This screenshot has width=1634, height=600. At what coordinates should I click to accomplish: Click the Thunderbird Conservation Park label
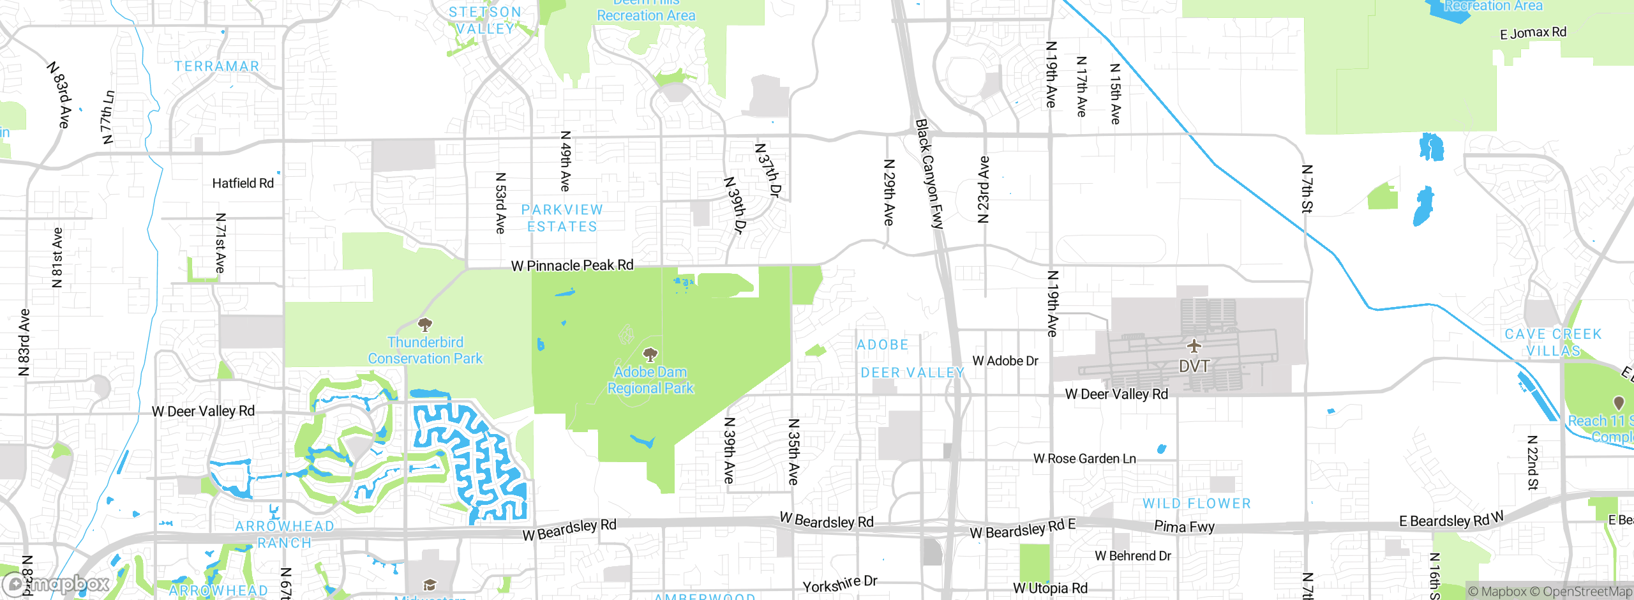[x=425, y=350]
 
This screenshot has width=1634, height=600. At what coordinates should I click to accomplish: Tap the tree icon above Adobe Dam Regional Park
[x=650, y=354]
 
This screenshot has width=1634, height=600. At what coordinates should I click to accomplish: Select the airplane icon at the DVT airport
[x=1194, y=346]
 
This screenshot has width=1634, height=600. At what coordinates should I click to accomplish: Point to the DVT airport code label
[x=1194, y=366]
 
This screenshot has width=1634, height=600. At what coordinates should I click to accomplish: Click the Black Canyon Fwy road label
[x=929, y=174]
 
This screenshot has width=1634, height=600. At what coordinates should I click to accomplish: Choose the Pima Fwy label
[x=1184, y=527]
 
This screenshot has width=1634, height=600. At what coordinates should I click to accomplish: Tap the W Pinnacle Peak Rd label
[x=572, y=266]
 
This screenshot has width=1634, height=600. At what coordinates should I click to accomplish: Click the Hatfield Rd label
[x=243, y=183]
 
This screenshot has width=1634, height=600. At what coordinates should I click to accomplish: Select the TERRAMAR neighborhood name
[x=217, y=66]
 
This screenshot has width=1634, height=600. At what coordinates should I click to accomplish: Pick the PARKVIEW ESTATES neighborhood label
[x=562, y=218]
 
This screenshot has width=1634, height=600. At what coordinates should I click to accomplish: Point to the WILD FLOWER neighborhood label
[x=1197, y=504]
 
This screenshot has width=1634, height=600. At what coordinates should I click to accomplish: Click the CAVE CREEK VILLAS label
[x=1553, y=342]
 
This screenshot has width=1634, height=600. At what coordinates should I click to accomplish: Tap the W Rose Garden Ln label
[x=1084, y=458]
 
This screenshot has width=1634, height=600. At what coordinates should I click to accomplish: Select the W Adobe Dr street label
[x=1005, y=361]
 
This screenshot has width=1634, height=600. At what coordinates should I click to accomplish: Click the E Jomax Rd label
[x=1533, y=33]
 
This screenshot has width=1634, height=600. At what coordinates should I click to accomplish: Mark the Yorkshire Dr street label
[x=840, y=584]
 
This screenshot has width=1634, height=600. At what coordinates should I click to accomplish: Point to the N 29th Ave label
[x=888, y=192]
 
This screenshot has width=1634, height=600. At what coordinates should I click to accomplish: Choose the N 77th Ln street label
[x=108, y=117]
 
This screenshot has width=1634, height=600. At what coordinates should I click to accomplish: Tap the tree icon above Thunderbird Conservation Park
[x=424, y=324]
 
